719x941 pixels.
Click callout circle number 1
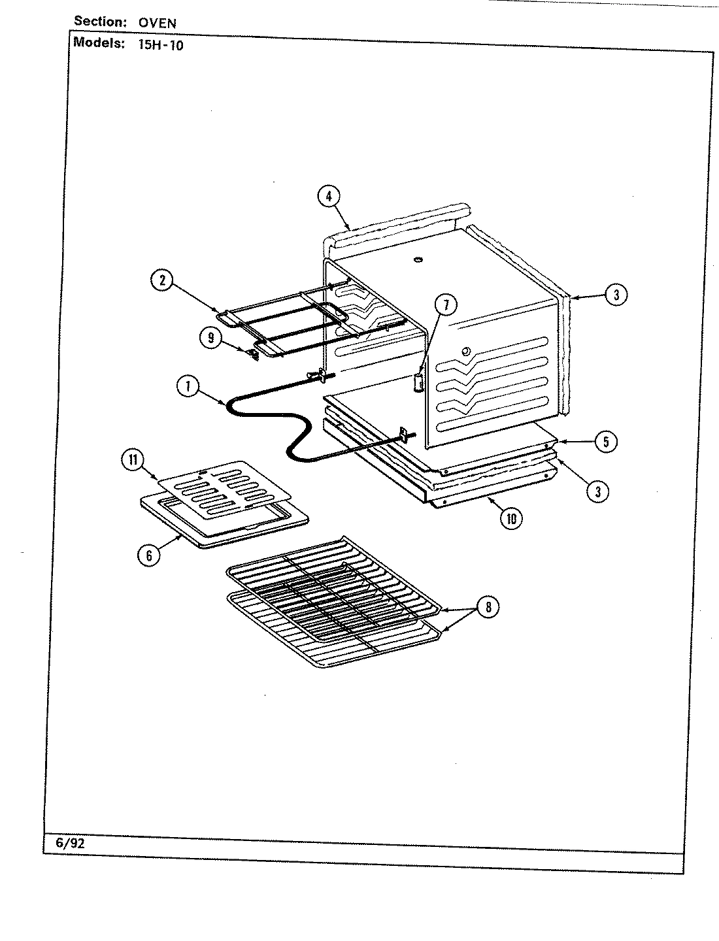(x=188, y=387)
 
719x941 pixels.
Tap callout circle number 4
(x=329, y=195)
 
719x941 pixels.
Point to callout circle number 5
(x=606, y=442)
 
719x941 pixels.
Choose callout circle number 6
(x=150, y=555)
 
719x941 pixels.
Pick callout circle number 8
(x=488, y=608)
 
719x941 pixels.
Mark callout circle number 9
(x=211, y=337)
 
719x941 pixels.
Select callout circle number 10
(x=511, y=518)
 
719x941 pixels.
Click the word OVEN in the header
(x=157, y=23)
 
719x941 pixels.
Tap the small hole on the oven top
(x=416, y=261)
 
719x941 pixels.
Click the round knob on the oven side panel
(x=465, y=353)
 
